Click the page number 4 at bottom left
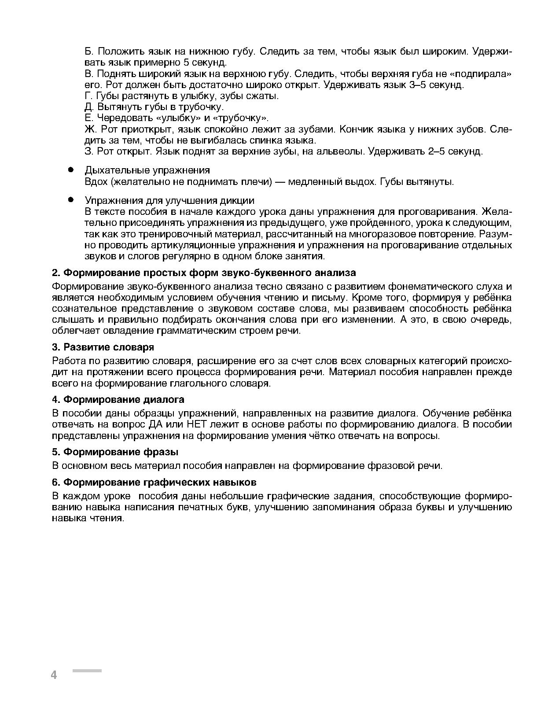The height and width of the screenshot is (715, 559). point(54,674)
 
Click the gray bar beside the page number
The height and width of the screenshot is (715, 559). point(87,671)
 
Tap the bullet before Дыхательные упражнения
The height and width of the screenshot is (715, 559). point(70,170)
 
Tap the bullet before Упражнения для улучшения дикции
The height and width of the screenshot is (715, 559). point(70,200)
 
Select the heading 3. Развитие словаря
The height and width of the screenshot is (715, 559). point(103,347)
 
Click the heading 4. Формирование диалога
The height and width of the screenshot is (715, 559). point(118,399)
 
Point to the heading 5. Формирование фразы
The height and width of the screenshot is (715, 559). point(115,452)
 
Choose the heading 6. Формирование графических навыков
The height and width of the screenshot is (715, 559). point(154,482)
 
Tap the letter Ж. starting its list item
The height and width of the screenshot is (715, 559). point(91,129)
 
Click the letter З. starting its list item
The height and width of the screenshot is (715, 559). point(89,151)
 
